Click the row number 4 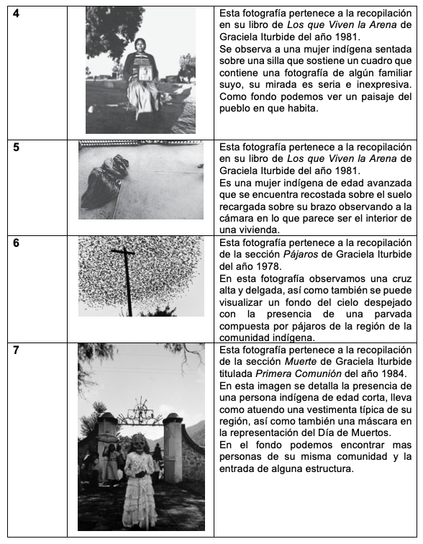16,14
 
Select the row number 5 16,148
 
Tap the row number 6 16,243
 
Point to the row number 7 16,350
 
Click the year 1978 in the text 268,266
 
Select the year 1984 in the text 394,373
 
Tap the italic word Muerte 300,362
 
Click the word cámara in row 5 235,219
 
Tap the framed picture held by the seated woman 145,73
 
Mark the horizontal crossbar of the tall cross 122,252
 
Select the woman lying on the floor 104,182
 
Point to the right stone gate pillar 173,448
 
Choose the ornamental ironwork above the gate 140,412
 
